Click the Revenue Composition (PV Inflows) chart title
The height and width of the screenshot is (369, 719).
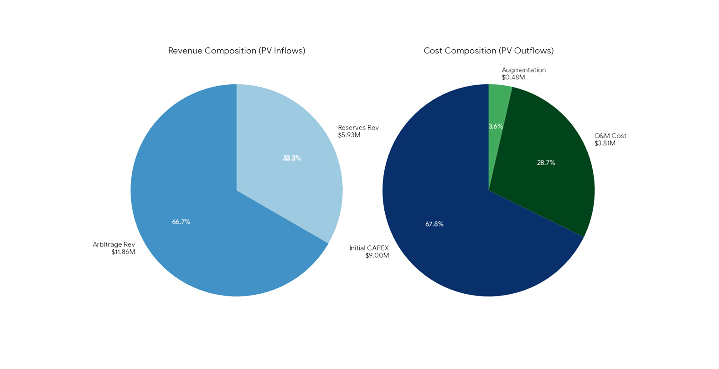pos(237,51)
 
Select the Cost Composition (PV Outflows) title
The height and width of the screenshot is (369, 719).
pos(488,51)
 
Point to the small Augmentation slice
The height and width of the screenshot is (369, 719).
pos(498,105)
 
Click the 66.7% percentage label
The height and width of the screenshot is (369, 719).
pos(181,222)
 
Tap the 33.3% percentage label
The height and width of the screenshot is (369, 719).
pos(292,158)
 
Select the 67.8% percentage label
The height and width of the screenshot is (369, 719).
pos(434,224)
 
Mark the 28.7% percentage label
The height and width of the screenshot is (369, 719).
pos(546,163)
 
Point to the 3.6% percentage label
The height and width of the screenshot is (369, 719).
pos(496,126)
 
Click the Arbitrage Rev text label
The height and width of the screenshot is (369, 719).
pos(114,244)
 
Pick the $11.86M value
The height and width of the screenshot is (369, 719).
pos(123,252)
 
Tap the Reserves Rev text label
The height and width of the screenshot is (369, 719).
pos(358,128)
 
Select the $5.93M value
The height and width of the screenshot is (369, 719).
pos(349,135)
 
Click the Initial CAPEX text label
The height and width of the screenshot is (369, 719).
pos(369,248)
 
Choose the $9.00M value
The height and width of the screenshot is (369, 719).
pos(377,255)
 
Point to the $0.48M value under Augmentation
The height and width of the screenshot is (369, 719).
pos(513,78)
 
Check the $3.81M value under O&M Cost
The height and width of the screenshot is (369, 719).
pos(605,143)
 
